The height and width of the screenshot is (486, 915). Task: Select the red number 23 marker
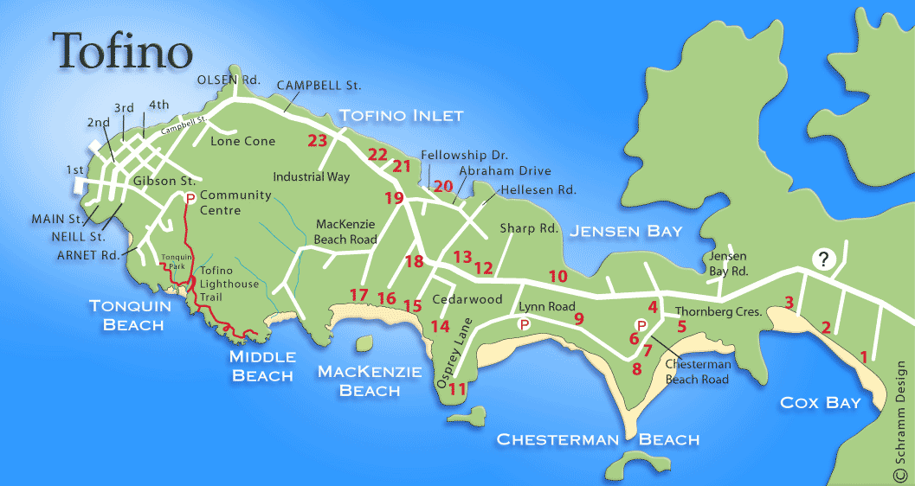coord(318,142)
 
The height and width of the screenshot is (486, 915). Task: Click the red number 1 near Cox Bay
coord(862,355)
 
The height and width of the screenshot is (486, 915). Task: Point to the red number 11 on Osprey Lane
coord(458,390)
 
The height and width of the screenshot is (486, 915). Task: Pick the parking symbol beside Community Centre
coord(189,198)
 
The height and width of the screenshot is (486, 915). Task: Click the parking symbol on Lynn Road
coord(523,324)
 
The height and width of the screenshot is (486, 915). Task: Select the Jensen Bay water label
coord(625,231)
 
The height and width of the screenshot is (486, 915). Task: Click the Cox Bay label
coord(821,402)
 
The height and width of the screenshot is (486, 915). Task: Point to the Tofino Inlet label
coord(401,115)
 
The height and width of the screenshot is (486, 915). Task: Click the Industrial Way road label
coord(312,176)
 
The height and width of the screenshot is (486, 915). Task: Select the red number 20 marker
coord(443,185)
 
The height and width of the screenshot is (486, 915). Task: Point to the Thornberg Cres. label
coord(718,311)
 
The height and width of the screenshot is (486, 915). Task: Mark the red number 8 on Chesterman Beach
coord(637,369)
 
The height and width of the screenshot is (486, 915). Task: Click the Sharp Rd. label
coord(528,229)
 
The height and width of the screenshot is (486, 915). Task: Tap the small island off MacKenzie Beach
coord(365,343)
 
